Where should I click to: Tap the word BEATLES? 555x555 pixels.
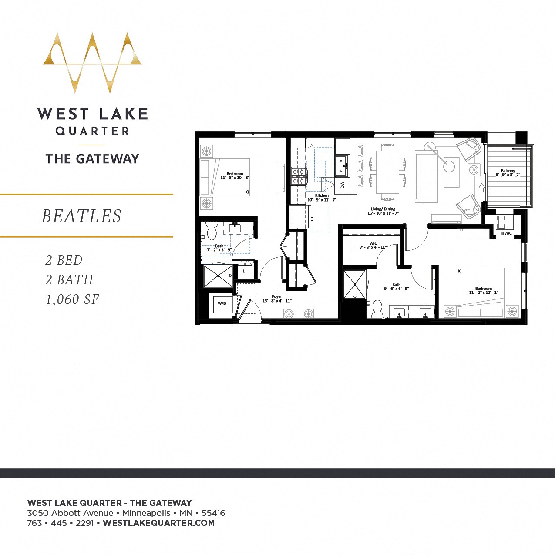coord(81,216)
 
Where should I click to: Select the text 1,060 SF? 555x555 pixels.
coord(72,299)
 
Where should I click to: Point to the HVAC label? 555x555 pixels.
coord(506,233)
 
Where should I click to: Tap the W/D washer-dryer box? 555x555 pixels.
coord(222,303)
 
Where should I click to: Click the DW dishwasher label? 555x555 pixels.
coord(342,185)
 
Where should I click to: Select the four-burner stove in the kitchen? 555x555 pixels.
coord(299,176)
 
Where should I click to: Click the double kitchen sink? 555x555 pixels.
coord(341,165)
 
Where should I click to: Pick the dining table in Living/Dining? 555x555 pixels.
coord(387,172)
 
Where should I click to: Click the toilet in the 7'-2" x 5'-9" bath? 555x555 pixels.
coord(212,231)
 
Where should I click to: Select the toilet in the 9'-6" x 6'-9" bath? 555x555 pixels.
coord(377,309)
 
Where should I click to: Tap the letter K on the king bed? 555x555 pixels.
coord(459,271)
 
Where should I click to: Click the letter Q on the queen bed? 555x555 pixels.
coord(248,192)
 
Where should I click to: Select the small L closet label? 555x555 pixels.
coord(244,271)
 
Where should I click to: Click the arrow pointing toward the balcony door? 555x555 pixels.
coord(481,187)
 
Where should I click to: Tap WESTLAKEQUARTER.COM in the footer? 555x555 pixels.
coord(159,523)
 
